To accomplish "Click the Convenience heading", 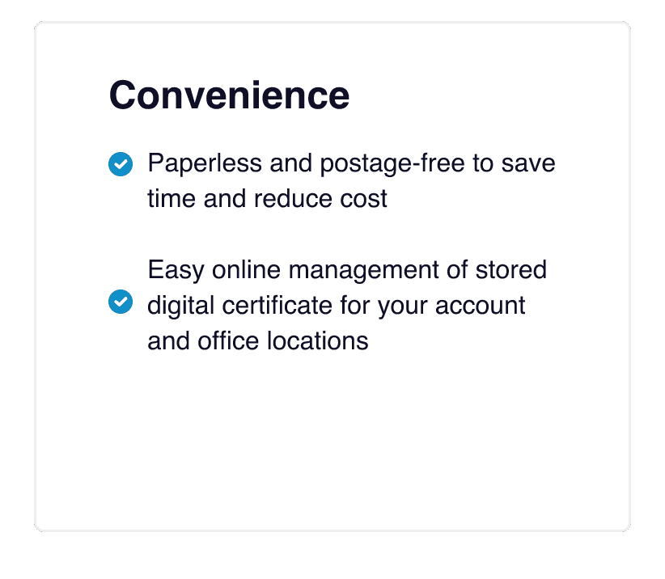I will (229, 95).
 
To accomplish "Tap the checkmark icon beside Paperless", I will (120, 164).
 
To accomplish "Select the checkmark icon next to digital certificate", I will (120, 302).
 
